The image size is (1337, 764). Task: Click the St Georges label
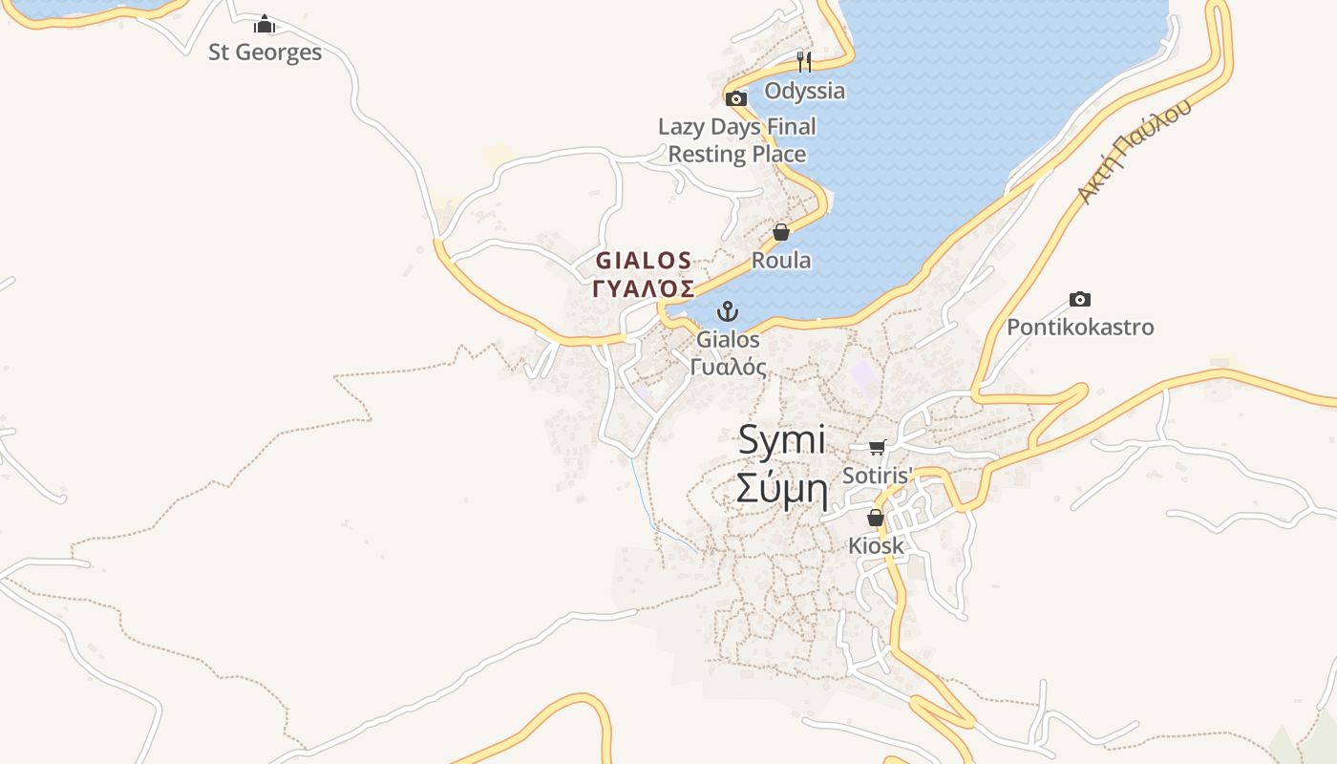pos(265,53)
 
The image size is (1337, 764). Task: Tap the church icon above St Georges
pos(265,24)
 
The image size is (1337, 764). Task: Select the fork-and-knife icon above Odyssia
pos(804,62)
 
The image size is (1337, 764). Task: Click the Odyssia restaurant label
pos(804,91)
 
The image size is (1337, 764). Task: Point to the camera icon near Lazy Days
pos(735,98)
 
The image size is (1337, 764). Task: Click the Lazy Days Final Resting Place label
pos(737,140)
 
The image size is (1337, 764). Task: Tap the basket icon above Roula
pos(781,232)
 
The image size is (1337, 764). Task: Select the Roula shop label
pos(781,260)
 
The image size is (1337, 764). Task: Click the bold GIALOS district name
pos(644,260)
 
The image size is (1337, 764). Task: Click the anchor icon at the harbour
pos(728,311)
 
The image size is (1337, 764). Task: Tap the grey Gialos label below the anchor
pos(728,339)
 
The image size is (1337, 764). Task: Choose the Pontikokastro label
pos(1080,328)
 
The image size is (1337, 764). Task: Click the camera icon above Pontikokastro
pos(1080,300)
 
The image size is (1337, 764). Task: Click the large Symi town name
pos(781,440)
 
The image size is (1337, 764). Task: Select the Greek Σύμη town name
pos(781,488)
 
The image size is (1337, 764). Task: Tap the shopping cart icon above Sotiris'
pos(877,447)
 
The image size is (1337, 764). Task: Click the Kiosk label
pos(876,546)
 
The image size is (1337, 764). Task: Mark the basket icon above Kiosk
pos(876,518)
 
